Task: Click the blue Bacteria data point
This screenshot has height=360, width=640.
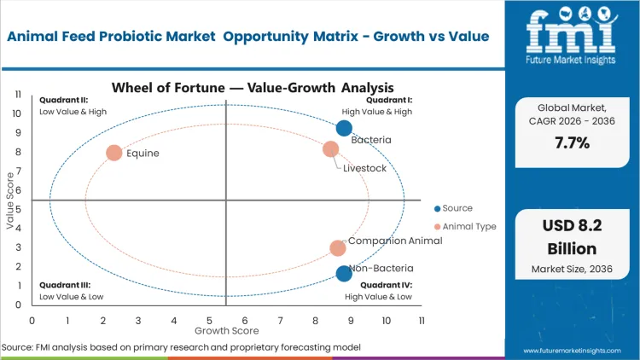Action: tap(344, 128)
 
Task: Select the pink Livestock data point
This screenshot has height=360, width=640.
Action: tap(330, 149)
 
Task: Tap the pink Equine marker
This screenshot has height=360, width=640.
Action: tap(113, 153)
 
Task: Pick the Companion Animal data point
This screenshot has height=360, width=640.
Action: tap(338, 248)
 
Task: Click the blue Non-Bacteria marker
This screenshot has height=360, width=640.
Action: tap(344, 274)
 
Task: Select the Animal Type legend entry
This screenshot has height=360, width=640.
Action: tap(464, 226)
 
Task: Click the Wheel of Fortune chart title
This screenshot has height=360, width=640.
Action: tap(253, 87)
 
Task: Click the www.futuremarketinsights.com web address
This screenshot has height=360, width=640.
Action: tap(571, 350)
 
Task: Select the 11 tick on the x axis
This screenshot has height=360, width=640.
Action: tap(421, 320)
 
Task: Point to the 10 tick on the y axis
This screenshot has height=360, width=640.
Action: tap(16, 113)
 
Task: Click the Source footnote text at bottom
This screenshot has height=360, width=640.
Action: tap(182, 348)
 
